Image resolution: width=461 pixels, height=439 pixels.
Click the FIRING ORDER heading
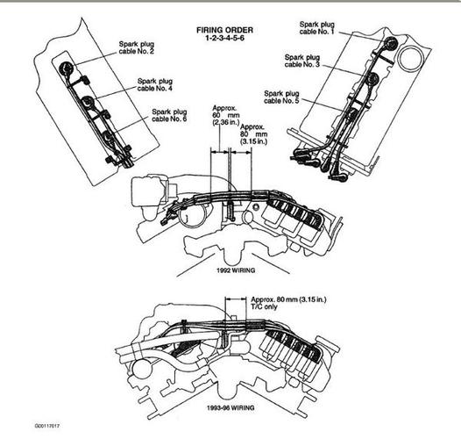point(224,30)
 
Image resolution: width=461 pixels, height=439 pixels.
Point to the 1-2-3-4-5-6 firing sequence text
point(224,38)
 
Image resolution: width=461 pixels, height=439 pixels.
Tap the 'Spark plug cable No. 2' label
point(137,47)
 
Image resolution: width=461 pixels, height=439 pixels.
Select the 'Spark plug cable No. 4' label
point(155,84)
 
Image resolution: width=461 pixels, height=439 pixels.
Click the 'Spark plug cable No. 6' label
point(169,115)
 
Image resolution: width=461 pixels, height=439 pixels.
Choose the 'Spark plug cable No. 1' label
point(317,28)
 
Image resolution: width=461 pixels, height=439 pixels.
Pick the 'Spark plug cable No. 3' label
point(302,61)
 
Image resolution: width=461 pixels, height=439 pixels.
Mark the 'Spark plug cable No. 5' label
point(281,97)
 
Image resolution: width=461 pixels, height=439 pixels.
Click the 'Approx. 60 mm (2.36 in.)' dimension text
point(226,115)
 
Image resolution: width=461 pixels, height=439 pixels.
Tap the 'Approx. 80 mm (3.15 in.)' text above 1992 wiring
point(254,134)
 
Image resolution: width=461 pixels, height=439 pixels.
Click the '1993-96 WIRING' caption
point(230,407)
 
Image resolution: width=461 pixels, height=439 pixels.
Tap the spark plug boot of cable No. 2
point(66,68)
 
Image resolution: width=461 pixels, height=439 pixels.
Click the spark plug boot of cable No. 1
point(391,43)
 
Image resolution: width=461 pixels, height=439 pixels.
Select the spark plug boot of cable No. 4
point(88,102)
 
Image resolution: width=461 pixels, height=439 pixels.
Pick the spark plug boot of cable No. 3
point(373,79)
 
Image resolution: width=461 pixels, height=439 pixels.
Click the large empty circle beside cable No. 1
point(409,58)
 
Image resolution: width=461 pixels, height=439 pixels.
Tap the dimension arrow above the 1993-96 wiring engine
point(236,299)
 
